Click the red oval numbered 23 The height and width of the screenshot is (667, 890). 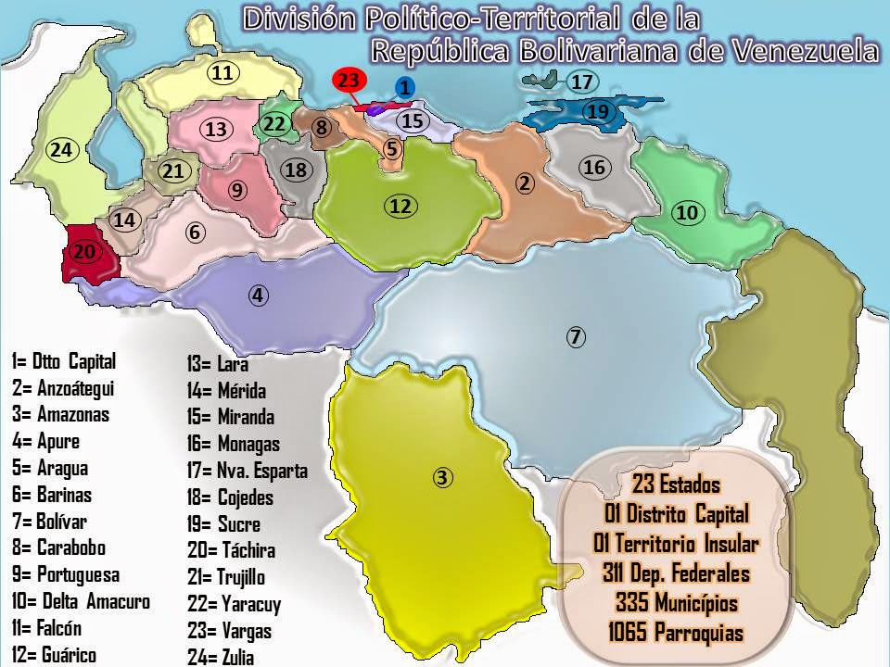348,81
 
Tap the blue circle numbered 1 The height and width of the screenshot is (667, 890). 403,88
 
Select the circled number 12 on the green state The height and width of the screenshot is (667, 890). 400,207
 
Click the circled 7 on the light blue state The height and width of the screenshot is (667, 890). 576,337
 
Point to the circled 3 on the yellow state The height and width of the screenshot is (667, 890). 443,478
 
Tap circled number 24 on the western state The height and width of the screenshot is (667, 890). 61,149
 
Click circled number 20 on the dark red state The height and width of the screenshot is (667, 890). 84,251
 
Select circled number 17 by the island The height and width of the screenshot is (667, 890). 581,82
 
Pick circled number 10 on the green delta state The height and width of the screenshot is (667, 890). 686,212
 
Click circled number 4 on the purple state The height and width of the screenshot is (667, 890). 259,296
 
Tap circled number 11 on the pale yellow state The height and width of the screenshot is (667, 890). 221,73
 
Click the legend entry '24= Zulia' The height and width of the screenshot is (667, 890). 220,658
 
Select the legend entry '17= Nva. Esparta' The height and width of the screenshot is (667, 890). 248,471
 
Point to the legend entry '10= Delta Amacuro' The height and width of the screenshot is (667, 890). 81,601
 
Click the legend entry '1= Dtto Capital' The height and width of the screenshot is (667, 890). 64,360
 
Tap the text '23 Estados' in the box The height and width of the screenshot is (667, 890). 676,484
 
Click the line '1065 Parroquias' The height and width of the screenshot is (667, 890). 676,633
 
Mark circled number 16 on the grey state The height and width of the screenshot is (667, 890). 594,167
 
